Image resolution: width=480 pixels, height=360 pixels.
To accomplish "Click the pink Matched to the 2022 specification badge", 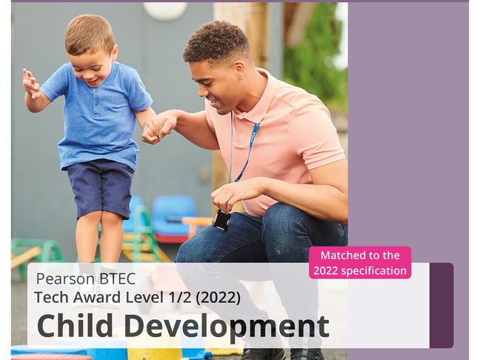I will pyautogui.click(x=360, y=262).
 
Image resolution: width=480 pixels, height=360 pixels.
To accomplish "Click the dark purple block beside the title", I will pyautogui.click(x=441, y=304).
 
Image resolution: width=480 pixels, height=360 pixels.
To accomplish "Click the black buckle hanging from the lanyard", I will pyautogui.click(x=221, y=219).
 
